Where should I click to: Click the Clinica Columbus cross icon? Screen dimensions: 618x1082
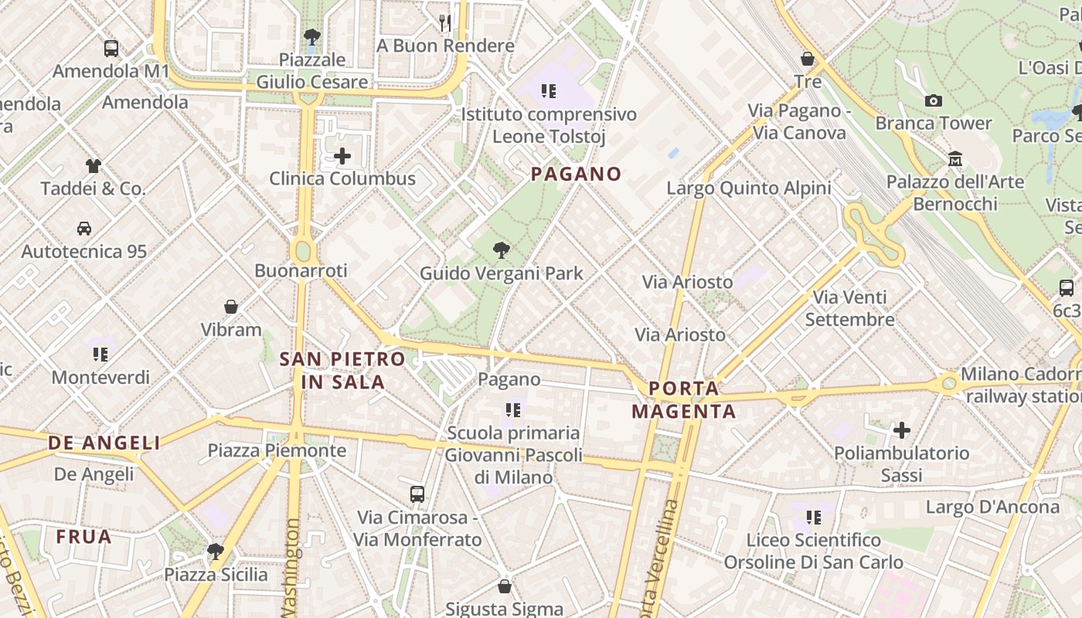click(342, 157)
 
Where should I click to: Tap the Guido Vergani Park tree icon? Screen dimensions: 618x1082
click(502, 250)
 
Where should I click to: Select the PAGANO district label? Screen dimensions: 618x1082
click(576, 175)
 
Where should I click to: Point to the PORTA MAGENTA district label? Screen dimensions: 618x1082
click(684, 399)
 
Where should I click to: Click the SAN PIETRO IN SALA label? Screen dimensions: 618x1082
click(342, 370)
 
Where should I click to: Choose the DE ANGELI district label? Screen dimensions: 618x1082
click(104, 443)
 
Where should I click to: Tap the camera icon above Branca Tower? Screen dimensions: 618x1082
click(933, 100)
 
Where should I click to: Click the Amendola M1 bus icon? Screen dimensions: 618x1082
click(111, 49)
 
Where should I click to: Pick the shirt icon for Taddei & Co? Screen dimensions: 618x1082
click(93, 165)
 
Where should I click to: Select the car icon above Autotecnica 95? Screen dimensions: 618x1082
click(83, 229)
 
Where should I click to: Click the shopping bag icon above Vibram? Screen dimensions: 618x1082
click(231, 307)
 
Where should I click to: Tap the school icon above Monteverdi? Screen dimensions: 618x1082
click(100, 355)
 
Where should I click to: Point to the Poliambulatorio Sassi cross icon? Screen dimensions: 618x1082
click(901, 430)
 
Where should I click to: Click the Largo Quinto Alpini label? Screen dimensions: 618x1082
click(748, 188)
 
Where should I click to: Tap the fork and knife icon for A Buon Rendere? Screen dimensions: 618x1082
click(445, 23)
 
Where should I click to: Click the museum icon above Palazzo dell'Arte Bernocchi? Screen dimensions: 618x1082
click(955, 159)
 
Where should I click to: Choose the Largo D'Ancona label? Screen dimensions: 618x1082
click(992, 507)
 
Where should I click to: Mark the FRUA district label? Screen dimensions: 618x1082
click(83, 536)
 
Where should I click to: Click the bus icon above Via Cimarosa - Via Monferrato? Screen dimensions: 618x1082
click(417, 494)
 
